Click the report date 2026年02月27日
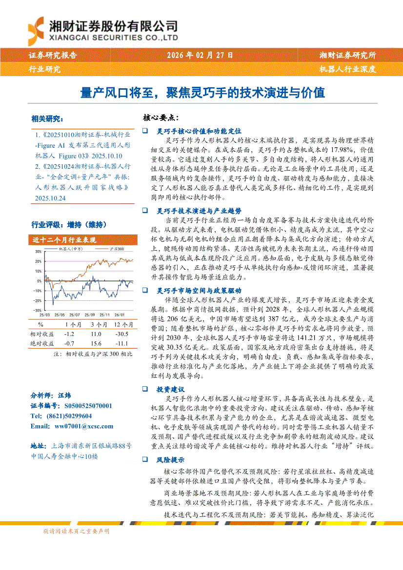[x=201, y=56]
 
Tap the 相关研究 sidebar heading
[x=47, y=118]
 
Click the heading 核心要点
[x=161, y=118]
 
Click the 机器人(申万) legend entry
[x=71, y=248]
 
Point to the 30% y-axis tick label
[x=38, y=252]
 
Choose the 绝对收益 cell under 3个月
[x=96, y=343]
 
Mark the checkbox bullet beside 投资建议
[x=145, y=390]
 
